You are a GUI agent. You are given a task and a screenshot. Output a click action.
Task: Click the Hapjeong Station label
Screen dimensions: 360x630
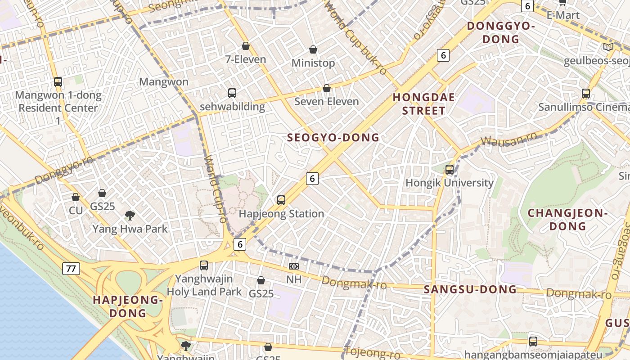[281, 214]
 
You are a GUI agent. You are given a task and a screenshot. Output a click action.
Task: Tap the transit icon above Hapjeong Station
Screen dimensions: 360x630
[281, 200]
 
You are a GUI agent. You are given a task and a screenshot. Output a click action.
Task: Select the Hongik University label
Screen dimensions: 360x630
[450, 183]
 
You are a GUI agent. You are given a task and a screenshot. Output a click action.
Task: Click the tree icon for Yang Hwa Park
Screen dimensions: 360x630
[130, 216]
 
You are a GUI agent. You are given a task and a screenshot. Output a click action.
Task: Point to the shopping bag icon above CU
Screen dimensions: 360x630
[76, 197]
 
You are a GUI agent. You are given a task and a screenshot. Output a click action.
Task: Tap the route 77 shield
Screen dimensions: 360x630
[71, 269]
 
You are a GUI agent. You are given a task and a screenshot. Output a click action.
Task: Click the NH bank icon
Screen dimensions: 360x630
[294, 266]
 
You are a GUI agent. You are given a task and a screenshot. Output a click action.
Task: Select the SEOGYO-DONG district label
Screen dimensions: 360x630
[333, 138]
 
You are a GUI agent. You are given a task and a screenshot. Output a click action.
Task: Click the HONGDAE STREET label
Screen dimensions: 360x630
[424, 104]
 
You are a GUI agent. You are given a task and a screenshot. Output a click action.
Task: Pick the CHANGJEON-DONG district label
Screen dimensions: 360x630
[567, 220]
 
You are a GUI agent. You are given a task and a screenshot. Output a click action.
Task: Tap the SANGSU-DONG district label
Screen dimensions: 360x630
[470, 289]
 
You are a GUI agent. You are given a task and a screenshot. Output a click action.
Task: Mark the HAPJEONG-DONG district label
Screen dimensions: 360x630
[128, 306]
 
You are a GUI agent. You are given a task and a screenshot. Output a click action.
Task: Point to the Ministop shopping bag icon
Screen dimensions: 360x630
[313, 49]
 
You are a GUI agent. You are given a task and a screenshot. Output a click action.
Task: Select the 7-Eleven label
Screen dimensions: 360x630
[246, 59]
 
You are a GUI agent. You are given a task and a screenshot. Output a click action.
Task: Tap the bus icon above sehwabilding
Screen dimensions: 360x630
[232, 93]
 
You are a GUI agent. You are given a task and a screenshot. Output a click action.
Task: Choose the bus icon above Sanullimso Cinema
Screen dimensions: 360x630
[586, 94]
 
